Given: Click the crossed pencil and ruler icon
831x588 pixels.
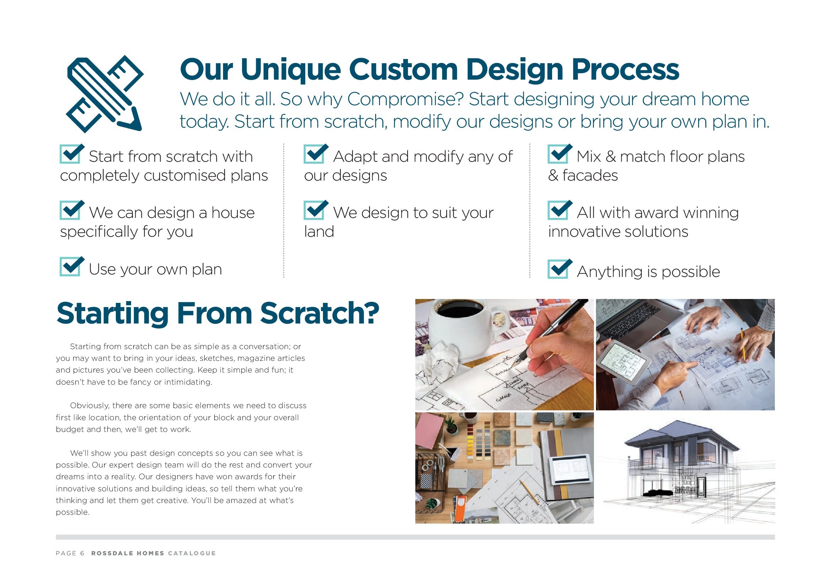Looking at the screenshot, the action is coord(105,94).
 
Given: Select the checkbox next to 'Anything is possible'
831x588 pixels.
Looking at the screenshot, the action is coord(560,269).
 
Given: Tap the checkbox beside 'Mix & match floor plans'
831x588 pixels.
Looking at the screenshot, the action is coord(560,154).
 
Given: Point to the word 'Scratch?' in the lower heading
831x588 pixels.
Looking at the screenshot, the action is coord(320,313).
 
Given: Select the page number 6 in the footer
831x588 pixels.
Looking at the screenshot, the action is coord(82,553).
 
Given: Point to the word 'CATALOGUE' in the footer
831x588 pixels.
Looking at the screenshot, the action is coord(192,553).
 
